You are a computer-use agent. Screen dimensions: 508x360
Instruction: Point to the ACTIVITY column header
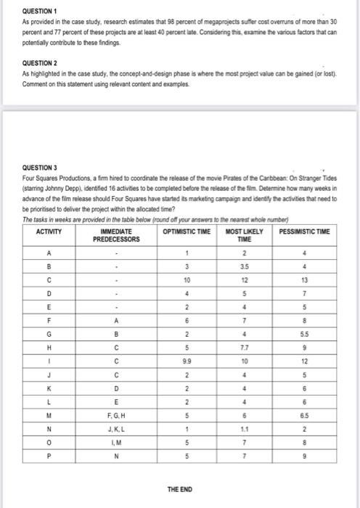pos(49,231)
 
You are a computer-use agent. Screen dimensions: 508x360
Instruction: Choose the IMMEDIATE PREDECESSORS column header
pos(114,234)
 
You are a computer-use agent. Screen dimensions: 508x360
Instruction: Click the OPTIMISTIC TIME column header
pos(186,231)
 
